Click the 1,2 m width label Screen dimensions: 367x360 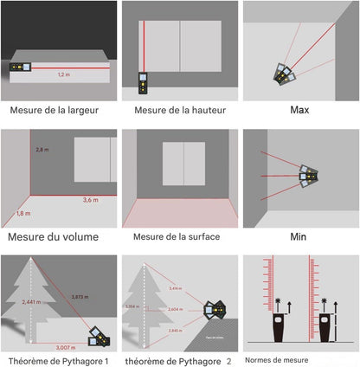[63, 75]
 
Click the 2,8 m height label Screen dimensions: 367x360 [42, 150]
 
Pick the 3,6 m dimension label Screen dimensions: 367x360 [90, 200]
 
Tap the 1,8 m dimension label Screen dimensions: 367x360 [23, 212]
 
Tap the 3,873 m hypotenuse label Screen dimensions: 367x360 [80, 297]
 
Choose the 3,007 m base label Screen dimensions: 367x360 [65, 345]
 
